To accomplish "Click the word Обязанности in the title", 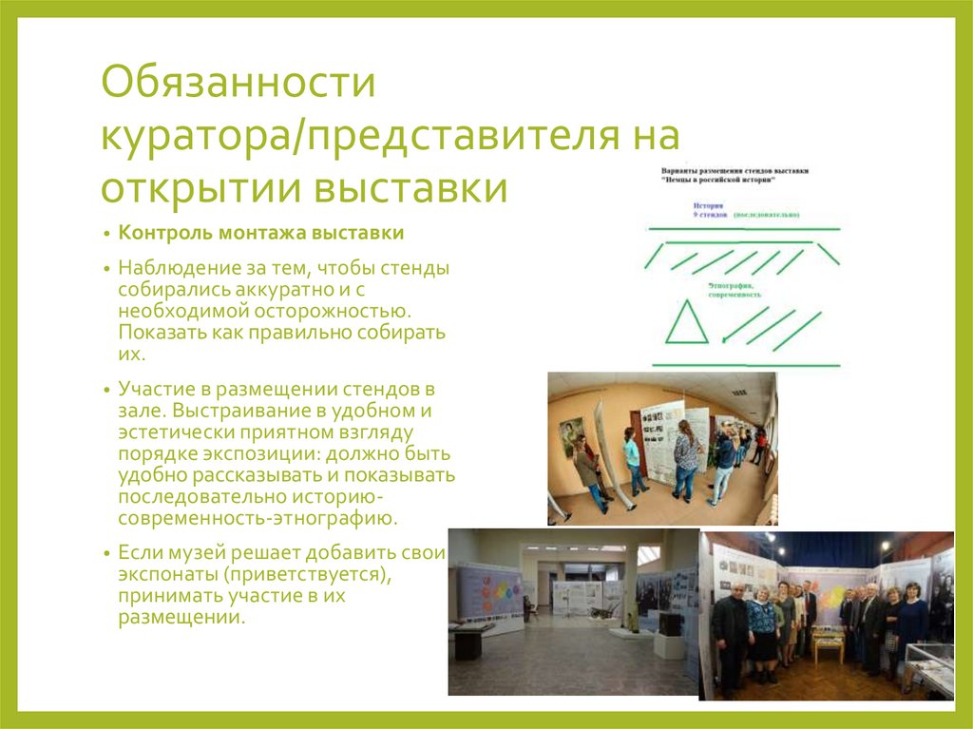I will (239, 83).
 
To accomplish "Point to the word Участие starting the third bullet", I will (153, 391).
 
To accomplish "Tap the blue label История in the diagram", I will (708, 205).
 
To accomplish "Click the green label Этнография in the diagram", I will (730, 285).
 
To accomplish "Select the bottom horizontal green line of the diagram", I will (746, 365).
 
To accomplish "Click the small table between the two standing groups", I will (828, 648).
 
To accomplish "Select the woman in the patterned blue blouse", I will (761, 628).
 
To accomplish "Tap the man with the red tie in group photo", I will (870, 627).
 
